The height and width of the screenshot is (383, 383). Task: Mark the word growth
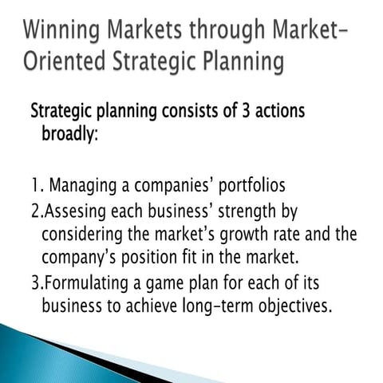point(252,236)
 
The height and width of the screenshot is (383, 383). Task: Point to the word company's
point(77,259)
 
